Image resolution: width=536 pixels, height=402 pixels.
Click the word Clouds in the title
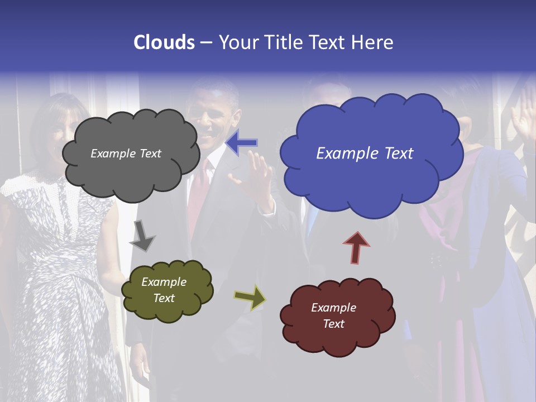coord(164,42)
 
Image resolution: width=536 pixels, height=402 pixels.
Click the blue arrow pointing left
coord(242,142)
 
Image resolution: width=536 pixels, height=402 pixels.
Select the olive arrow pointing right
coord(250,297)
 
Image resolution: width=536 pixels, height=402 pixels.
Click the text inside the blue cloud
coord(365,154)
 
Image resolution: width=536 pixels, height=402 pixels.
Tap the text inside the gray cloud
coord(126,154)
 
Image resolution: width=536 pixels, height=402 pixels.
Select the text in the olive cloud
coord(164,290)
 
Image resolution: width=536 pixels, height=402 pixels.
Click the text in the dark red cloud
coord(333,315)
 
